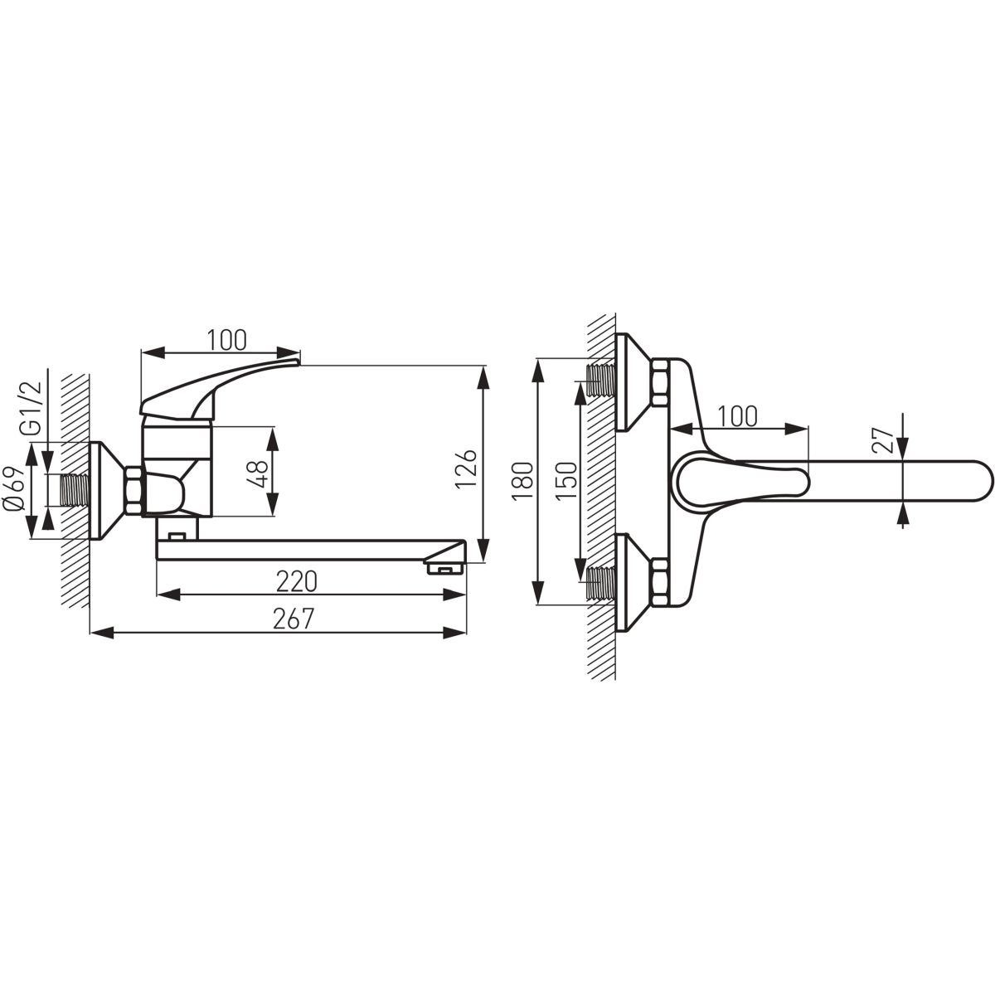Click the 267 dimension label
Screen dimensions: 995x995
[294, 618]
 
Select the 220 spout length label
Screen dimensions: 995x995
[296, 582]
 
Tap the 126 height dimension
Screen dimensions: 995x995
[466, 468]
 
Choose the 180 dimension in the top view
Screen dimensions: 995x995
[522, 481]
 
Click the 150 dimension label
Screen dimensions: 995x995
[567, 481]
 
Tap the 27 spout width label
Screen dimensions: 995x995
[882, 440]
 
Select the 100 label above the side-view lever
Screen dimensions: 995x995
[227, 340]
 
